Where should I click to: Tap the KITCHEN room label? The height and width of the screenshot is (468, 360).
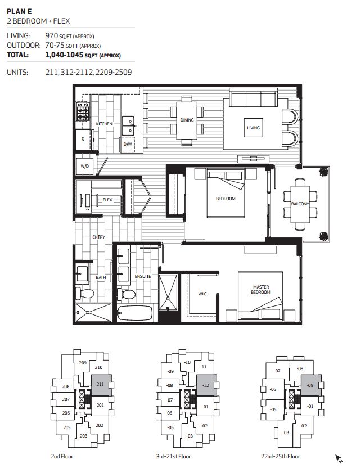[104, 124]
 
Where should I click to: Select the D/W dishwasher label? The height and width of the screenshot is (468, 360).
[128, 145]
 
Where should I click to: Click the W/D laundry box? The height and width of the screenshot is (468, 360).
[85, 166]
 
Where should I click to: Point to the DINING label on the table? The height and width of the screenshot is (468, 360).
[187, 120]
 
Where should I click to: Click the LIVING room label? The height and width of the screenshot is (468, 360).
[253, 128]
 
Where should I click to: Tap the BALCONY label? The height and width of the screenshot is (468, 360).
[300, 204]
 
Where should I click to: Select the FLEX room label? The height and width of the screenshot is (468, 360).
[107, 199]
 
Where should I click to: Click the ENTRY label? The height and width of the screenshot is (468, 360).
[98, 237]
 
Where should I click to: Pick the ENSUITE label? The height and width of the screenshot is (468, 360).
[142, 277]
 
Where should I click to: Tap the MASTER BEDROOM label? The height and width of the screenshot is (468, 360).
[260, 290]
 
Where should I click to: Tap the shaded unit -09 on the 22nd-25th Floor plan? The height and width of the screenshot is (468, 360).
[311, 385]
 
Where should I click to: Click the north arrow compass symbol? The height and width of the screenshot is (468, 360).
[339, 458]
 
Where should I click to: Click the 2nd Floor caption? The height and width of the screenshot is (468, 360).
[61, 456]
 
